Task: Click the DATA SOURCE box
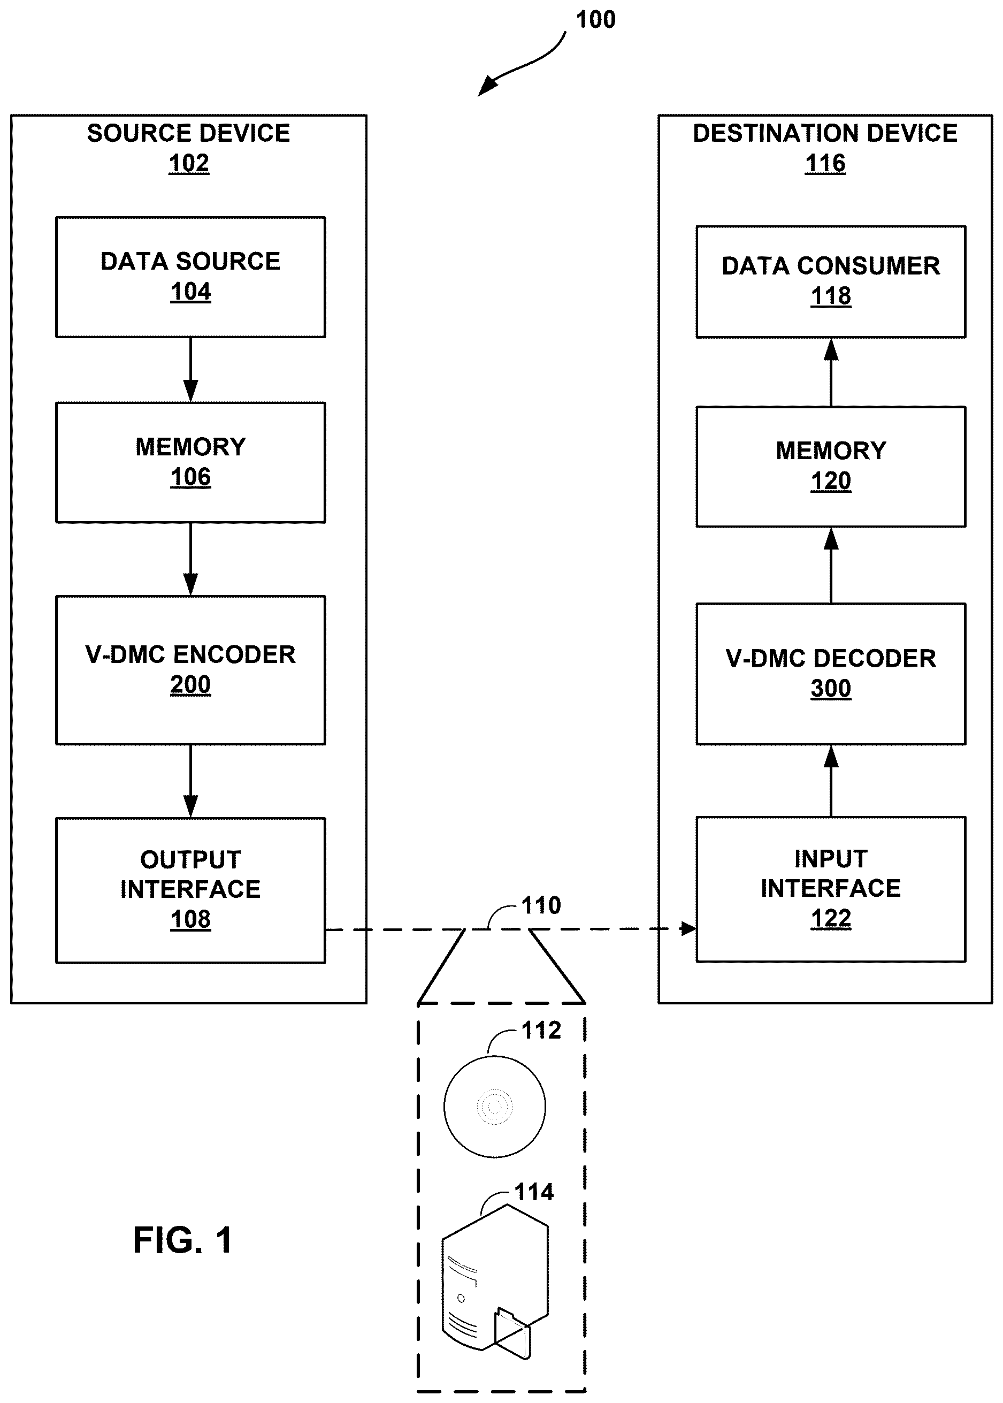(190, 277)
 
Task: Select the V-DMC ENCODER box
(190, 670)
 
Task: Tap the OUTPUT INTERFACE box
(190, 890)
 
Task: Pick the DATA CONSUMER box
(831, 281)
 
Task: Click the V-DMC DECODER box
(831, 674)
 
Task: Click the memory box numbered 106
(190, 463)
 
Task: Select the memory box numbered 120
(831, 467)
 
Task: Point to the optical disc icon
(495, 1106)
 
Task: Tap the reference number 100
(595, 20)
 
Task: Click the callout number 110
(541, 906)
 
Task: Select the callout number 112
(541, 1031)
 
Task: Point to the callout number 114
(534, 1192)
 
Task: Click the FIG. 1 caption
(183, 1240)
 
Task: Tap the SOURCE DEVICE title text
(188, 133)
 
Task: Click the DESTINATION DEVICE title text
(825, 133)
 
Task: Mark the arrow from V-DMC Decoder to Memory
(831, 565)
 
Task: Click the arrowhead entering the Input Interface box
(688, 928)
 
